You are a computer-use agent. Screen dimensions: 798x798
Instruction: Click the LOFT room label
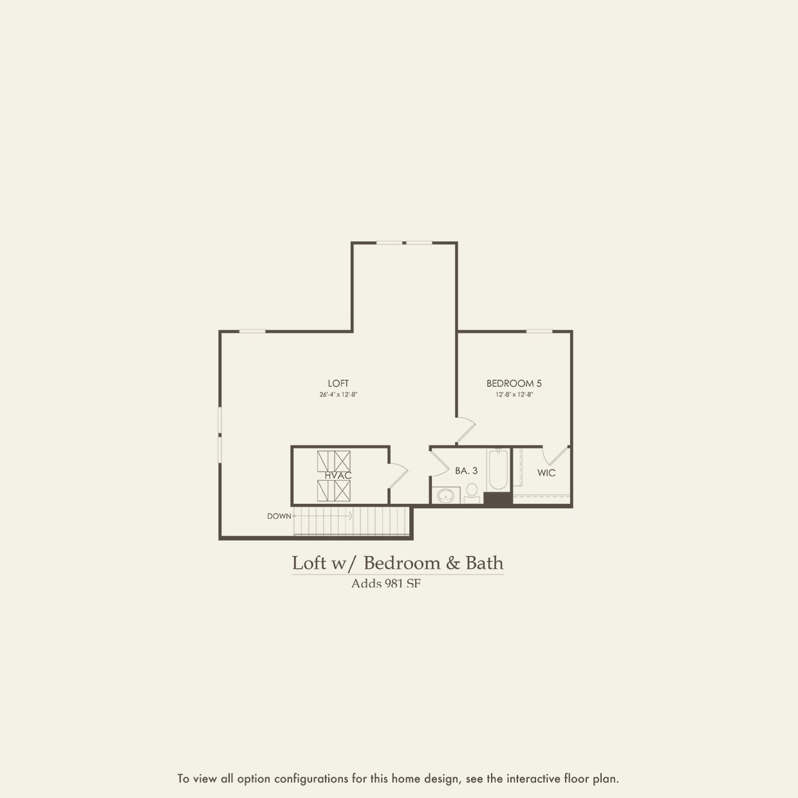pos(338,384)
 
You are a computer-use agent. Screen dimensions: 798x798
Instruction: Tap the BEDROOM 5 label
pos(514,384)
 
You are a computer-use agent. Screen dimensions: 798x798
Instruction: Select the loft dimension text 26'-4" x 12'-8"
pos(338,394)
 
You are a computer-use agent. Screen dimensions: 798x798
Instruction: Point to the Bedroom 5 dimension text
pos(514,394)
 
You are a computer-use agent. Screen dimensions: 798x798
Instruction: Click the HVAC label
pos(338,476)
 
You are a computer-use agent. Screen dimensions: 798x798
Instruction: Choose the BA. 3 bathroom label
pos(466,471)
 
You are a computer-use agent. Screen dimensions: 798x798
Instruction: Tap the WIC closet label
pos(546,473)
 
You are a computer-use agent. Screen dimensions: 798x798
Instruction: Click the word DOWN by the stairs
pos(279,516)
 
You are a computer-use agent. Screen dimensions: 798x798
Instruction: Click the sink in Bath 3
pos(445,496)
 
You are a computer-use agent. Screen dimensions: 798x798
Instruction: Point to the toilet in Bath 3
pos(472,494)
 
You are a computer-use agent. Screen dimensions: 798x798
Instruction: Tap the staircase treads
pos(351,521)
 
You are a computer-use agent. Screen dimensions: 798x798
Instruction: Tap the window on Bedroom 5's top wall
pos(539,331)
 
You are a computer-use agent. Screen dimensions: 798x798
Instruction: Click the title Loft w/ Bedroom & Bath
pos(397,563)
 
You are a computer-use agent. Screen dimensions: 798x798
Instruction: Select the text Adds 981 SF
pos(385,584)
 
